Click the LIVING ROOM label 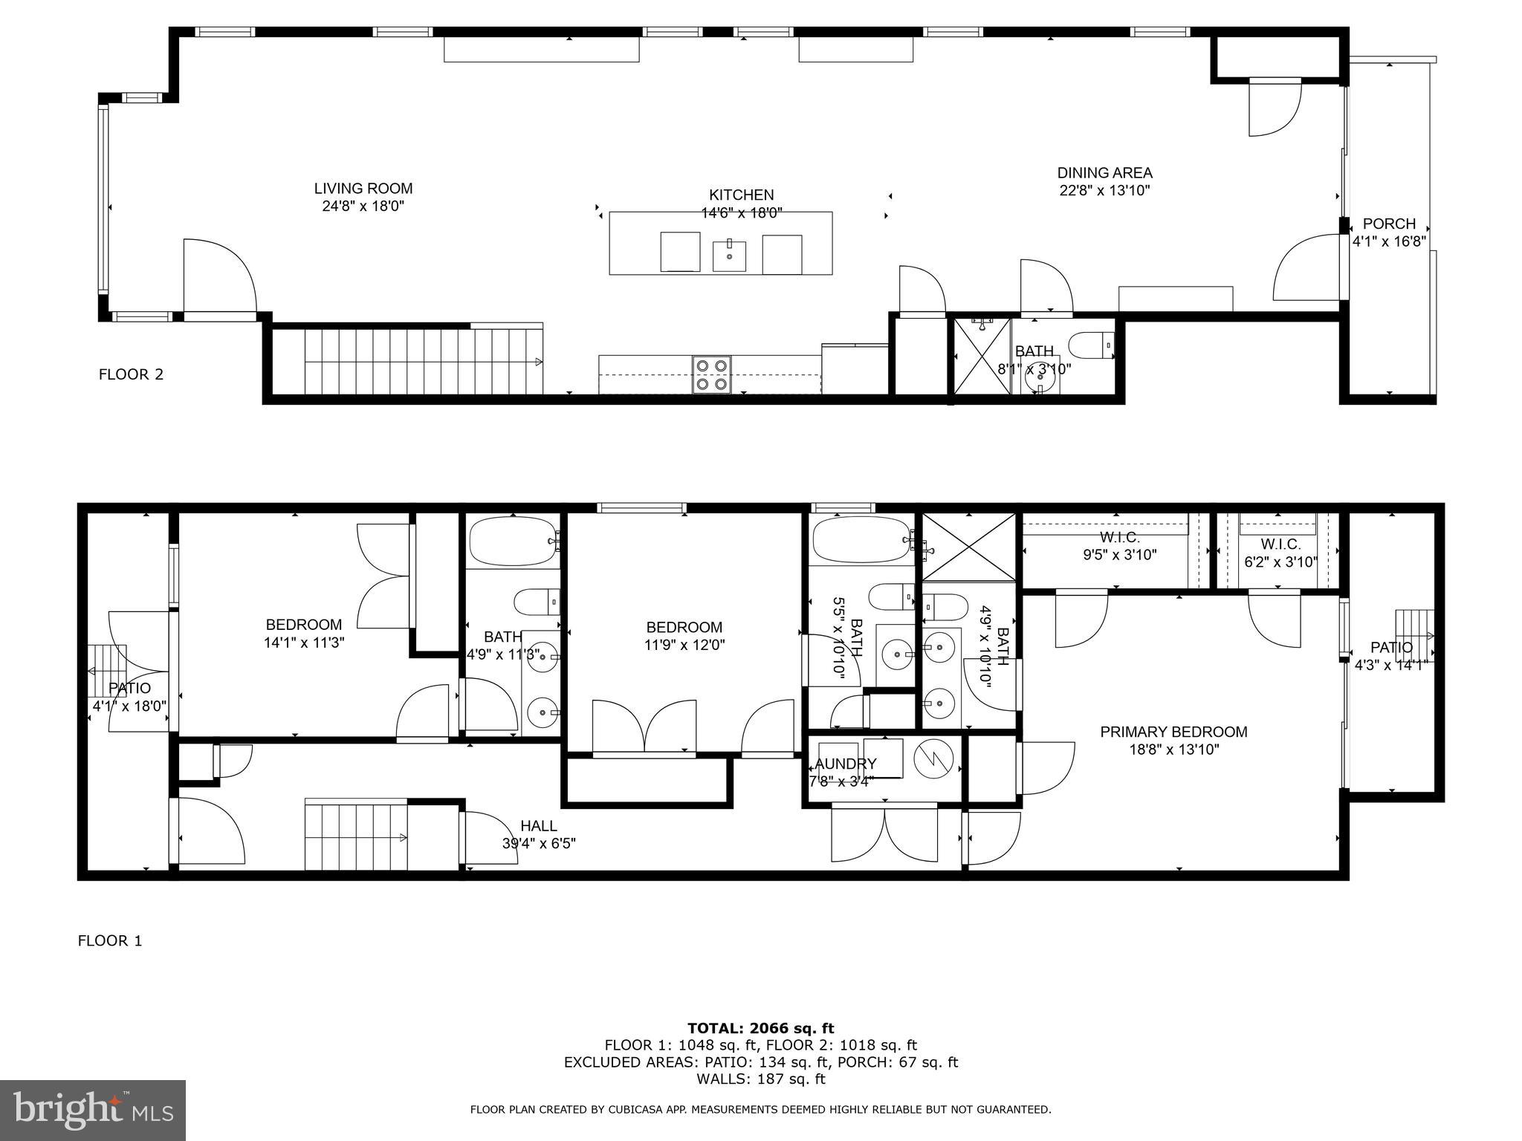pos(363,189)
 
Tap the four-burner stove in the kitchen pos(712,374)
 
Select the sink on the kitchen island pos(729,256)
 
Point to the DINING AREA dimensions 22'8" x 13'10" pos(1104,190)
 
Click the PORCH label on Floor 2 pos(1388,224)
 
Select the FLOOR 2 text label pos(131,374)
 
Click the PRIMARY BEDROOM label pos(1173,732)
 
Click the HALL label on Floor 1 pos(538,826)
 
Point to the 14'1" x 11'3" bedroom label pos(304,643)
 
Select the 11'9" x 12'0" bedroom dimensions pos(684,645)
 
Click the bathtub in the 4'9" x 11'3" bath pos(511,541)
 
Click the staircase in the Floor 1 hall pos(356,836)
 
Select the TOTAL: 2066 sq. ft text pos(760,1028)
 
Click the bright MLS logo pos(92,1110)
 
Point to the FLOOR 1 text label pos(110,941)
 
